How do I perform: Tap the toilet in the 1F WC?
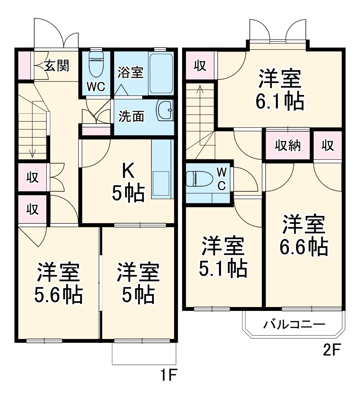(x=95, y=65)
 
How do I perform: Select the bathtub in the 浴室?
(x=161, y=72)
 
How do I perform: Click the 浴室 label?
(x=131, y=72)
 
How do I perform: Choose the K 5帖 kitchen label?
(x=128, y=182)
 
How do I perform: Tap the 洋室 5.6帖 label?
(x=58, y=284)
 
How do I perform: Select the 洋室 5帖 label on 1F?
(x=139, y=284)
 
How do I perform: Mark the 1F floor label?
(x=169, y=377)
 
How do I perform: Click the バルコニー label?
(x=294, y=324)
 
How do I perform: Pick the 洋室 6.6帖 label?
(x=304, y=235)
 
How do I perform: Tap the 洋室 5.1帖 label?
(x=224, y=257)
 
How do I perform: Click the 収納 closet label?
(x=288, y=146)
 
